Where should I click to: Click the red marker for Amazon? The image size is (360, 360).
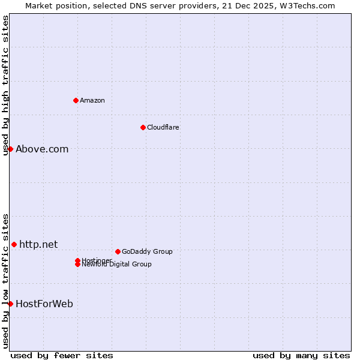point(76,100)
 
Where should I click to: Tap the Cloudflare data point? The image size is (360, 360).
point(143,127)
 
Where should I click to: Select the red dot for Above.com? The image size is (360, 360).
point(10,149)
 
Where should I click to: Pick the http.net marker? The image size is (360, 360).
point(14,244)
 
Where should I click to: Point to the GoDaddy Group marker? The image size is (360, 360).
point(118,251)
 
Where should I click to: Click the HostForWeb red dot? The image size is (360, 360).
point(10,304)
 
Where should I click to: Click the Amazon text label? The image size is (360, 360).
point(92,100)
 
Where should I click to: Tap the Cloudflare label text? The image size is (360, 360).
point(163,127)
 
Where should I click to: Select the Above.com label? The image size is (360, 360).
point(42,149)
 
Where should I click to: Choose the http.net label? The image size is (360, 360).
point(38,244)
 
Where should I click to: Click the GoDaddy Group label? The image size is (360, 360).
point(147,251)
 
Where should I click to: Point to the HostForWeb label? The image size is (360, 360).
point(44,304)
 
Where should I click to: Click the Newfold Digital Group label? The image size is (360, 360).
point(116,264)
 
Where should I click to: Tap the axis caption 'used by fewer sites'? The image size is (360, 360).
point(62,355)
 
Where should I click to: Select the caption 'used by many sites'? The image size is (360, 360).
point(301,355)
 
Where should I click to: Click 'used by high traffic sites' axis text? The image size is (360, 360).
point(5,85)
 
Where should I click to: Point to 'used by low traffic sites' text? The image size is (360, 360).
point(5,280)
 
